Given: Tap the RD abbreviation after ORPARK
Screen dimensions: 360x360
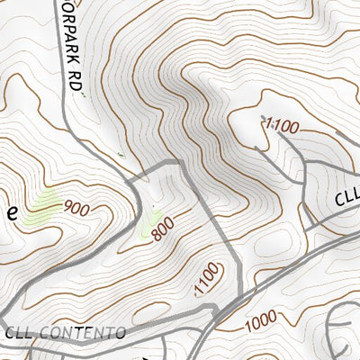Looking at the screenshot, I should (76, 81).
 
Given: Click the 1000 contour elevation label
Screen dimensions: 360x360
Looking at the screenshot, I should (259, 319).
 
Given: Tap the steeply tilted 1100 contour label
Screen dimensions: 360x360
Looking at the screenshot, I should (206, 279).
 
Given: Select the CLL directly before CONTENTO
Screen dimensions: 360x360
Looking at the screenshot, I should (20, 333).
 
